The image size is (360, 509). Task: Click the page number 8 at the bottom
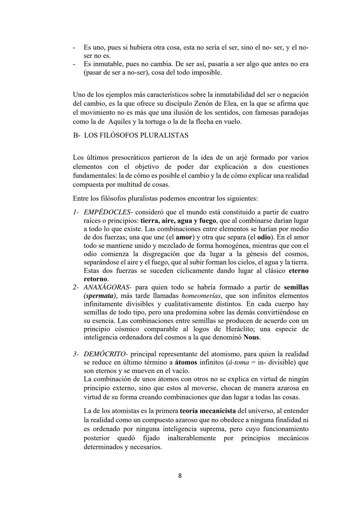point(180,476)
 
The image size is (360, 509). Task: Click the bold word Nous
point(252,337)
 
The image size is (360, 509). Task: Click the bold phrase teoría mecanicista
point(208,411)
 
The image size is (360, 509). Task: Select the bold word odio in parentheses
point(264,237)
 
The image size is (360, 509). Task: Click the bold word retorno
point(95,279)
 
